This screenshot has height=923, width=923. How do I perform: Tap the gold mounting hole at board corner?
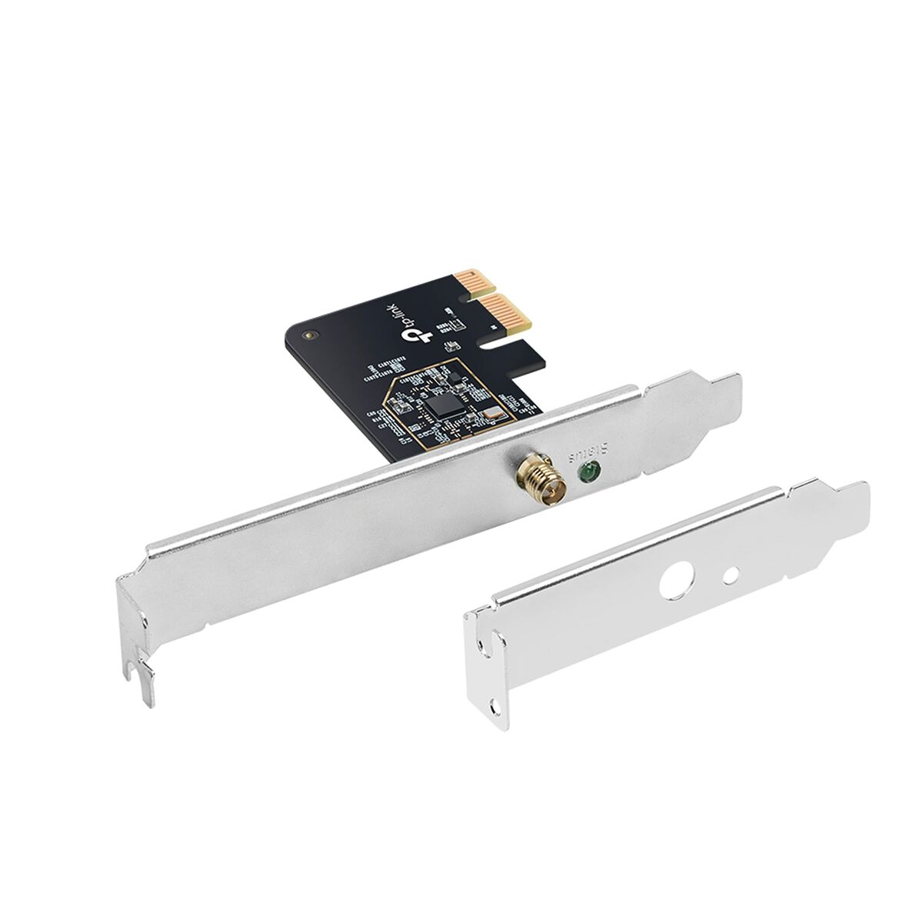[309, 335]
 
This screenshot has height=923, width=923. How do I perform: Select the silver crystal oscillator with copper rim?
[487, 420]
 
